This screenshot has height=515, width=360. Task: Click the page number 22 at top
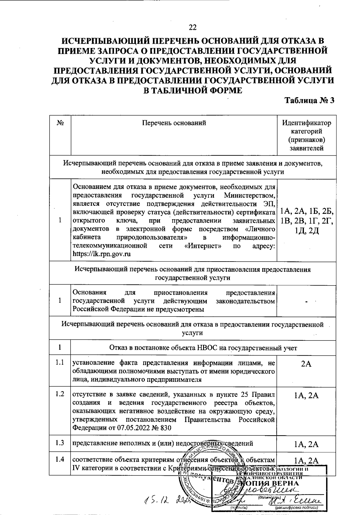click(x=193, y=27)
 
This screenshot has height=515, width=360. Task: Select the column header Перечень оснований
click(x=174, y=123)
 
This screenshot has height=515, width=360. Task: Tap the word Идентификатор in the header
click(x=307, y=123)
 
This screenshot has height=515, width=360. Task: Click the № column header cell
click(x=60, y=123)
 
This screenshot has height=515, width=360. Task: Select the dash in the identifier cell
click(x=306, y=301)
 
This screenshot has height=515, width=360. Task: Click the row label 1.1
click(x=60, y=362)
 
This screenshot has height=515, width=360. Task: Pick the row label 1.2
click(x=60, y=394)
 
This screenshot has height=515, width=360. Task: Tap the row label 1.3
click(x=60, y=443)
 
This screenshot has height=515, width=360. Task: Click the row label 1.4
click(x=60, y=459)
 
